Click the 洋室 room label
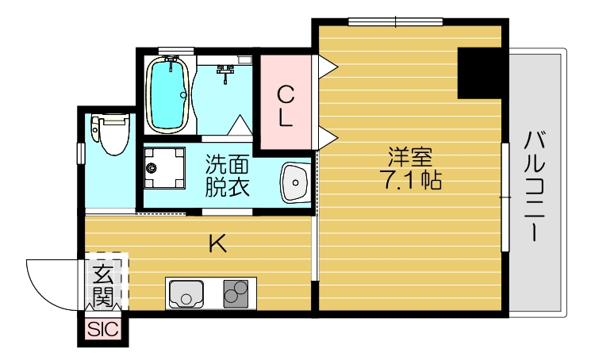pos(410,156)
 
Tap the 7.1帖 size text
pos(410,181)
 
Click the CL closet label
pos(286,107)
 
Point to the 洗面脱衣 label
pos(228,176)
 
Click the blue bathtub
pos(167,94)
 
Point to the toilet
pos(110,134)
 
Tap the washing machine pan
pos(164,167)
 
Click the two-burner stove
pos(236,294)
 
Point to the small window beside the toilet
pos(79,153)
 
